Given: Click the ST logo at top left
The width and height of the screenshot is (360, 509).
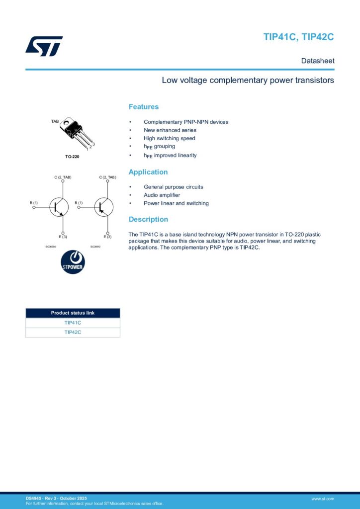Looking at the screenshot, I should [44, 46].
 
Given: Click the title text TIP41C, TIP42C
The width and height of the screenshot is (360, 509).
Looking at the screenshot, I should [298, 37].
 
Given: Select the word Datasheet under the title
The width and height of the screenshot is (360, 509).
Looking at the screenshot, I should [317, 61].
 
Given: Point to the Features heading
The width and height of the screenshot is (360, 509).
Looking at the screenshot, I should [144, 107].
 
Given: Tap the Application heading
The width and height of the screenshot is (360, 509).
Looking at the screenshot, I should [148, 172].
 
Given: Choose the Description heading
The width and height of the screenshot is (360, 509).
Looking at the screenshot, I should [148, 219].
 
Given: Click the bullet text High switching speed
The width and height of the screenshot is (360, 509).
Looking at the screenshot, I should [170, 138].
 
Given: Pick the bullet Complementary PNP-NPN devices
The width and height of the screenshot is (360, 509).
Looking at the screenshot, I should [186, 122].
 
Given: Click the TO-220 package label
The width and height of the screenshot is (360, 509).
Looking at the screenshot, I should [72, 157].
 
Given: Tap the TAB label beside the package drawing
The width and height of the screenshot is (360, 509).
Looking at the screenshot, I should [55, 121].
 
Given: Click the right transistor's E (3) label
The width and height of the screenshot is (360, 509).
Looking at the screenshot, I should [108, 237].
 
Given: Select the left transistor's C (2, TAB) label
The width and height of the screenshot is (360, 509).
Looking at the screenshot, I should [63, 177].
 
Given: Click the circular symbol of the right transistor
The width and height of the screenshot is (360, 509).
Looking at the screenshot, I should [103, 207].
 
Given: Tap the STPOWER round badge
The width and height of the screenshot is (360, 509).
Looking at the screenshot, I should [73, 262].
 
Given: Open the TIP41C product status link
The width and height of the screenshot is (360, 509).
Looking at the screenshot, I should [73, 323].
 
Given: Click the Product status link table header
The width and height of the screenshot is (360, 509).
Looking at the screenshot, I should [73, 313].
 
